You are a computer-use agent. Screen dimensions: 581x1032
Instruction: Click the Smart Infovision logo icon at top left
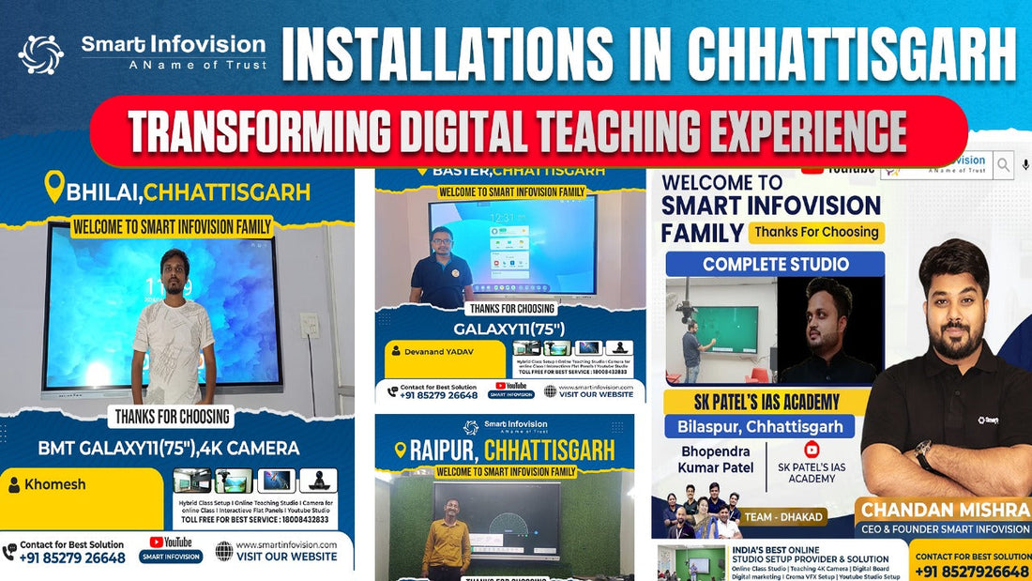pyautogui.click(x=40, y=54)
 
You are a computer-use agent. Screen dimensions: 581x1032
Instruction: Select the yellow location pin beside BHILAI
pyautogui.click(x=54, y=186)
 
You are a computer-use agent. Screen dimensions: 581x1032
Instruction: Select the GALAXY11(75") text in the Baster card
pyautogui.click(x=509, y=329)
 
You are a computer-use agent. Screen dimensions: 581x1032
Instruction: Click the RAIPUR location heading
pyautogui.click(x=505, y=451)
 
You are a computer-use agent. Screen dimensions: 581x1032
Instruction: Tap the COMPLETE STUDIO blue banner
pyautogui.click(x=775, y=264)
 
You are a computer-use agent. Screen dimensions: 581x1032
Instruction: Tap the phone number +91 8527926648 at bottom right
pyautogui.click(x=971, y=572)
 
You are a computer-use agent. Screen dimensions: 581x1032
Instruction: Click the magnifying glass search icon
pyautogui.click(x=1003, y=165)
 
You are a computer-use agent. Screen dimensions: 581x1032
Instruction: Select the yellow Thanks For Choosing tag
pyautogui.click(x=816, y=232)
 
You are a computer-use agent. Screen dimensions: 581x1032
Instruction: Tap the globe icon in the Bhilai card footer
pyautogui.click(x=224, y=550)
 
